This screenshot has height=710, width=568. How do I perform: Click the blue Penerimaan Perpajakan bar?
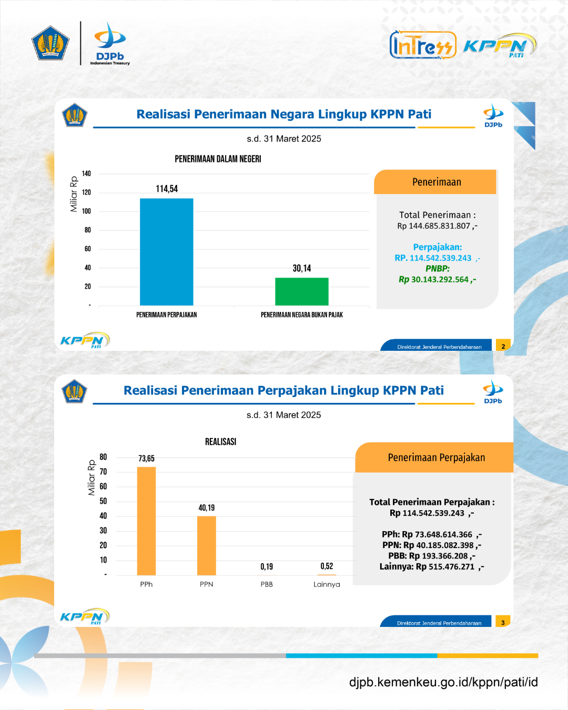click(167, 252)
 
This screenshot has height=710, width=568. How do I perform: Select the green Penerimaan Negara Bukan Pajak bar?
click(302, 292)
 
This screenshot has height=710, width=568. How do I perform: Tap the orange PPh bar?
click(147, 521)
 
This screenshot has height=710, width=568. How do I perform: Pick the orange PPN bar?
click(207, 546)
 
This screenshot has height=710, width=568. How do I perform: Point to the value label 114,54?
click(167, 189)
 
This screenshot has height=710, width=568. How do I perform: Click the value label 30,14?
click(302, 268)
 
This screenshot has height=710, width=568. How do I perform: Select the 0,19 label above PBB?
click(267, 566)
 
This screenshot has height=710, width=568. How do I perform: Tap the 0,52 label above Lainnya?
click(327, 566)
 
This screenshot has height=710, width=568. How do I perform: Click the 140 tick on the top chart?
click(86, 174)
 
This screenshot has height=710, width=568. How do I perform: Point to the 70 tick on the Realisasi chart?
click(103, 471)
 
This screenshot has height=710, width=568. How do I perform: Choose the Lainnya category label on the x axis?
click(327, 584)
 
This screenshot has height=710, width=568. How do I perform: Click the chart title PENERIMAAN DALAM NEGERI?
click(218, 159)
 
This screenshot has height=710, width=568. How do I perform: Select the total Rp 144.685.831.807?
click(437, 226)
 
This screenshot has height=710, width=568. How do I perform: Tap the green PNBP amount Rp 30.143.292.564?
click(437, 279)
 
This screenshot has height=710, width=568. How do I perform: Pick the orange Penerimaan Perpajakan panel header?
click(434, 457)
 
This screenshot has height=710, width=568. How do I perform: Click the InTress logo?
click(423, 45)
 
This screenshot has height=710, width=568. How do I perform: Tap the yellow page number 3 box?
click(503, 621)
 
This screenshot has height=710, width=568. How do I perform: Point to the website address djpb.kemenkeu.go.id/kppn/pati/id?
click(443, 682)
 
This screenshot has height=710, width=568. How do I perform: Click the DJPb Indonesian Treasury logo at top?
click(110, 44)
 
